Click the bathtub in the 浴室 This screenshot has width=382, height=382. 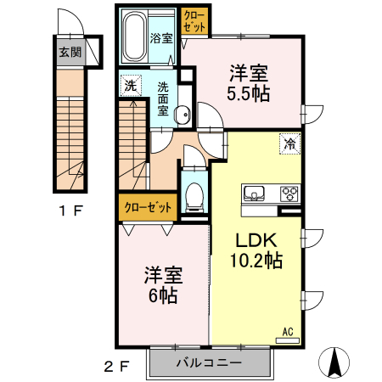pyautogui.click(x=134, y=37)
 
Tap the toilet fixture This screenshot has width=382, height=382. pyautogui.click(x=194, y=197)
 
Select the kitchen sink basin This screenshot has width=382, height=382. pyautogui.click(x=254, y=193)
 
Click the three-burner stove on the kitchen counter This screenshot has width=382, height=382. pyautogui.click(x=289, y=194)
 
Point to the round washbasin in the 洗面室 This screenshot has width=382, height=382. pyautogui.click(x=183, y=115)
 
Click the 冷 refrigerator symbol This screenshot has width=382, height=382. pyautogui.click(x=290, y=143)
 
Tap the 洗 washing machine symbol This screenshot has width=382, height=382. pyautogui.click(x=131, y=85)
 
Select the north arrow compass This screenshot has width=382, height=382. pyautogui.click(x=334, y=362)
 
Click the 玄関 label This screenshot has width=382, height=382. pyautogui.click(x=70, y=52)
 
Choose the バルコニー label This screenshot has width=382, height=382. pyautogui.click(x=209, y=362)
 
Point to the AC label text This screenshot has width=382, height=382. pyautogui.click(x=288, y=332)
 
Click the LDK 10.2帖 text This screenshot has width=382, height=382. pyautogui.click(x=256, y=250)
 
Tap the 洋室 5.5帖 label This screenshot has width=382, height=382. pyautogui.click(x=249, y=83)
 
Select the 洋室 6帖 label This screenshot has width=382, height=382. pyautogui.click(x=164, y=285)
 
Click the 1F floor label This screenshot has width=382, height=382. pyautogui.click(x=71, y=211)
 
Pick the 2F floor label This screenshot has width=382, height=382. pyautogui.click(x=117, y=367)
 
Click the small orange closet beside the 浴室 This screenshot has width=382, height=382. pyautogui.click(x=194, y=20)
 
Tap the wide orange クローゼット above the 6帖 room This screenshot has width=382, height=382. pyautogui.click(x=148, y=207)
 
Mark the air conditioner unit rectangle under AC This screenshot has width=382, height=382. pyautogui.click(x=288, y=340)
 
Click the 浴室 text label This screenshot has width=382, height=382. pyautogui.click(x=161, y=38)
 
